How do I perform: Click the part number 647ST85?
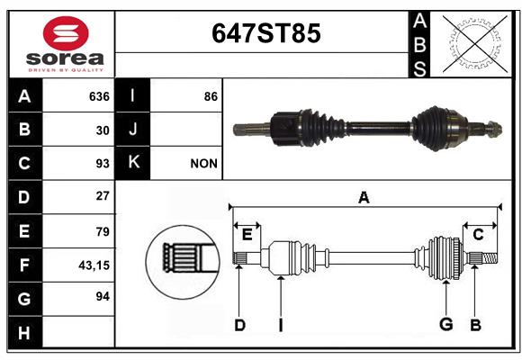click(265, 34)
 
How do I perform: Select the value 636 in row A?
click(99, 96)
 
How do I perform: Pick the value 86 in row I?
click(211, 96)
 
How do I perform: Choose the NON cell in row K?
click(204, 164)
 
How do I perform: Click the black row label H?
click(24, 333)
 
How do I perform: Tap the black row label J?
click(133, 130)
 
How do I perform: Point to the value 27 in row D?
click(103, 196)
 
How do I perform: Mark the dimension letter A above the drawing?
click(364, 197)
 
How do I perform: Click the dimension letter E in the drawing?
click(247, 235)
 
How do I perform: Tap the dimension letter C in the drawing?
click(478, 235)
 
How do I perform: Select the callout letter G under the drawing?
click(445, 324)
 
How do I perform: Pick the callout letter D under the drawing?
click(239, 324)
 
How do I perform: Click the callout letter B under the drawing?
click(476, 324)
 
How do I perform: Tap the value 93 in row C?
click(102, 164)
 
